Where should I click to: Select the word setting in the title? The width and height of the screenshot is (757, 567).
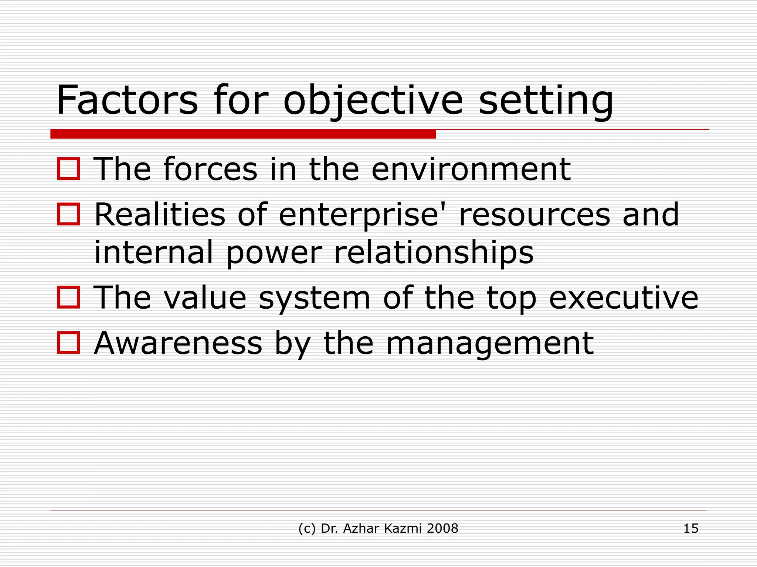point(546,100)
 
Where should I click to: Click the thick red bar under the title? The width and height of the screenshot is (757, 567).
point(243,134)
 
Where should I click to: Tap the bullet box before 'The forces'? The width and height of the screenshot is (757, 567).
point(69,169)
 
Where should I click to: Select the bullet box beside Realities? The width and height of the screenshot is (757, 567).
point(69,214)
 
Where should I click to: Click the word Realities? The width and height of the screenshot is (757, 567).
point(160,214)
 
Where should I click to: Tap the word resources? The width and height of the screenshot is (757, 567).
point(534,215)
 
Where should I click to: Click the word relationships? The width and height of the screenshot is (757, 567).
point(434,253)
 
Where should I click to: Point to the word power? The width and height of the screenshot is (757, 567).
point(274,254)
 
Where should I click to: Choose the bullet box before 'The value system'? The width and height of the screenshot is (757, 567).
point(69,298)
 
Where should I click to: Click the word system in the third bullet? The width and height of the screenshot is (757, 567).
point(314,298)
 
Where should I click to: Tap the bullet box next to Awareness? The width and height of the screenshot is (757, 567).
point(69,343)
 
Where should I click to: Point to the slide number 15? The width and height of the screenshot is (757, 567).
point(690,529)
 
